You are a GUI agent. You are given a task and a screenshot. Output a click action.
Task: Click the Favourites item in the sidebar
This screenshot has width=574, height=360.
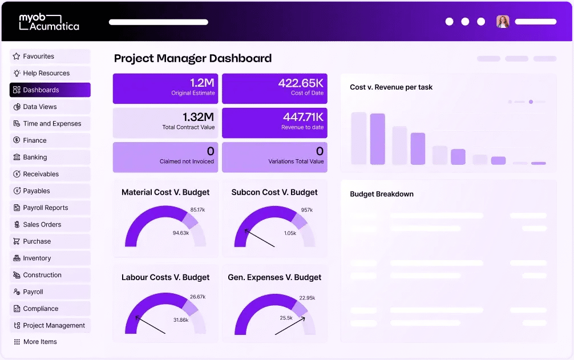tap(39, 56)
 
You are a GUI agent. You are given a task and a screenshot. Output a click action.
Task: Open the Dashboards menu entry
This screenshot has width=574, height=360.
tap(41, 90)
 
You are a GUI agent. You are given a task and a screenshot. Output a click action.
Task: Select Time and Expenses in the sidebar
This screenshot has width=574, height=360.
tap(52, 124)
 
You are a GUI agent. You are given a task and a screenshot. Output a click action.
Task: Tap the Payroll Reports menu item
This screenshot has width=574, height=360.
tap(45, 208)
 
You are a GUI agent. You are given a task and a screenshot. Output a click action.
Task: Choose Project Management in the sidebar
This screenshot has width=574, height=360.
tap(54, 326)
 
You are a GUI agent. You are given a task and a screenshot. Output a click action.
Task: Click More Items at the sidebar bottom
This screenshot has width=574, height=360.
tap(40, 342)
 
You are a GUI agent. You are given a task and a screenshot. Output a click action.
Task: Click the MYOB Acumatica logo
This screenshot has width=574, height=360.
tap(49, 22)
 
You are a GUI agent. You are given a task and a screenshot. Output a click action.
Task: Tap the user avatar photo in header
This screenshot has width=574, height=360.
tap(502, 22)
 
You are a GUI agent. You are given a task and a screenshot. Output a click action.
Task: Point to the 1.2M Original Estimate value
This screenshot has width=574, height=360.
tap(202, 83)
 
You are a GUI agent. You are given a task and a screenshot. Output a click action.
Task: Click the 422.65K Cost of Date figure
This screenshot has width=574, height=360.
tap(301, 83)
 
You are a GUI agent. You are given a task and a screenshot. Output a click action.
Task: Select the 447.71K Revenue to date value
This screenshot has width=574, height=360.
tap(303, 117)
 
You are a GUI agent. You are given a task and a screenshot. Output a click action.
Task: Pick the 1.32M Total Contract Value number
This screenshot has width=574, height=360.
tap(198, 117)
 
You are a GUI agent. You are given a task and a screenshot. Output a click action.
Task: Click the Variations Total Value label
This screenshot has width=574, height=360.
tap(296, 161)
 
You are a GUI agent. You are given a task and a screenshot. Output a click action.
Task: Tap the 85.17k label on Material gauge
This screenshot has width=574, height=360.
tap(197, 210)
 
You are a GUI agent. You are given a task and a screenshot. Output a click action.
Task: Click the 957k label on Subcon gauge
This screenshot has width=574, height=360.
tap(307, 210)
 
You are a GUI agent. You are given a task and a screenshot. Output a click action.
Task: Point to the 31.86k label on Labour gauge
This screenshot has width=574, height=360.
tap(180, 320)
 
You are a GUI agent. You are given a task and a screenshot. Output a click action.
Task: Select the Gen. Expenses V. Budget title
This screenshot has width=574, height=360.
tap(274, 277)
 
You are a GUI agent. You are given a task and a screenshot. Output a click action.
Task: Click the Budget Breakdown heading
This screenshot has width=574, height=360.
tap(382, 194)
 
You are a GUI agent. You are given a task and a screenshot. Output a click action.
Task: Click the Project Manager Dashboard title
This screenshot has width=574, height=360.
tap(193, 58)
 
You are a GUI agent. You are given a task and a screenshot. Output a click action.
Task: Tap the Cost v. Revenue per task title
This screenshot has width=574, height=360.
tap(391, 87)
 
